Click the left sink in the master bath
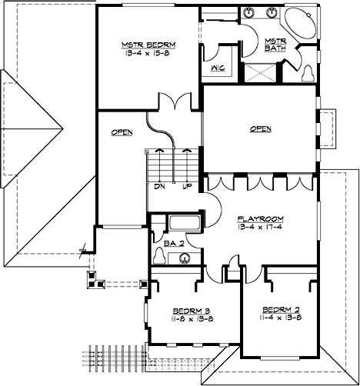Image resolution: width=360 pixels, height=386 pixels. [252, 14]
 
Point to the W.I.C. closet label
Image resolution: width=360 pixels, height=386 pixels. [216, 68]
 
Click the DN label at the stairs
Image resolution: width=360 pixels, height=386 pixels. [159, 186]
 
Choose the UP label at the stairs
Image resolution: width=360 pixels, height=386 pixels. [186, 186]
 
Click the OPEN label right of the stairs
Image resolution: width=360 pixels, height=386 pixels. [260, 129]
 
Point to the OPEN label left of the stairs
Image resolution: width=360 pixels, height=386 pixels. [122, 132]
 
